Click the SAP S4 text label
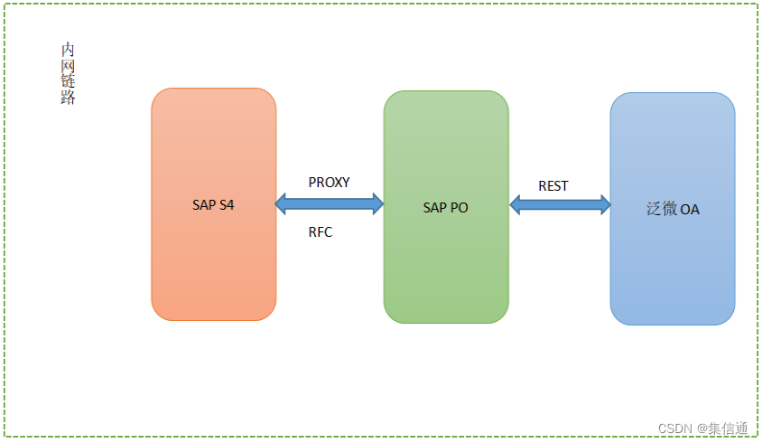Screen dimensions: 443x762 click(213, 205)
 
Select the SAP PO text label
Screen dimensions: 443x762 click(445, 207)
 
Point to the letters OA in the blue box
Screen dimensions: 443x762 click(690, 210)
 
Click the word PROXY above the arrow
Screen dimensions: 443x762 click(329, 182)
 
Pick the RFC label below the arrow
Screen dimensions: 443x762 click(320, 232)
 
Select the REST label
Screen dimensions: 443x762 click(553, 185)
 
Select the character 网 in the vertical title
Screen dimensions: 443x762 click(68, 66)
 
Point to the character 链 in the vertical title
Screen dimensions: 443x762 click(68, 82)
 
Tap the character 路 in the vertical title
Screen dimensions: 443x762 click(68, 99)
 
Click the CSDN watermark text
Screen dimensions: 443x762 click(674, 429)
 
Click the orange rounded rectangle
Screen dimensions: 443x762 click(213, 271)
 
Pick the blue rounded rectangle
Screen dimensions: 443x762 click(672, 271)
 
